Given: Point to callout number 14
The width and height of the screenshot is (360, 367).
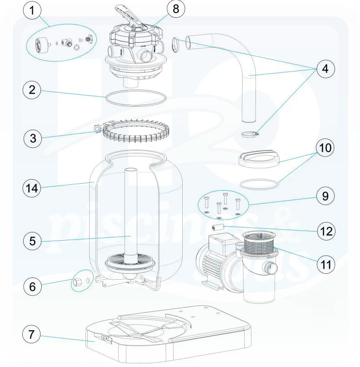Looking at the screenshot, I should coord(32,186).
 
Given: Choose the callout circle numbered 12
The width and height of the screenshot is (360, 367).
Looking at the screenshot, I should coord(325,231).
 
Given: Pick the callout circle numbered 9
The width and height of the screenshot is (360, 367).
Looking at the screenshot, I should coord(325,196).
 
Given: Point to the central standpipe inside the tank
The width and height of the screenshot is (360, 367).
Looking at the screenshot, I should coord(131,214).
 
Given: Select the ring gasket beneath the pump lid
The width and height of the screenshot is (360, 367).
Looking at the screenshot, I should coord(258,184).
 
